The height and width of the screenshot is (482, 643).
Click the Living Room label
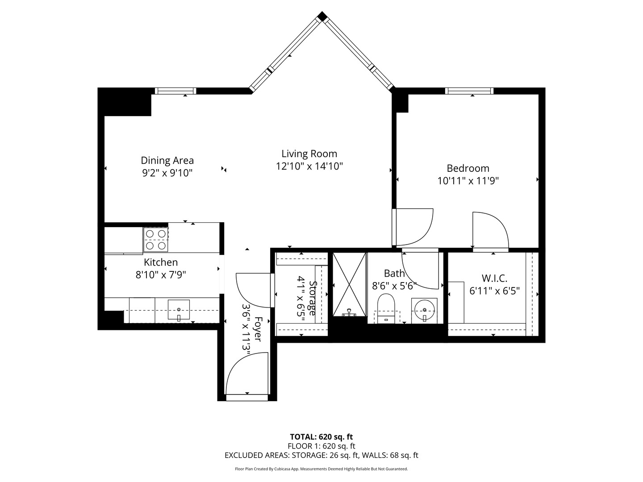[x=309, y=154]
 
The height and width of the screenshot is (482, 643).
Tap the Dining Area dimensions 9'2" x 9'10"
[x=167, y=173]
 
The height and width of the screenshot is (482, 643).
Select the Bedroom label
[x=468, y=168]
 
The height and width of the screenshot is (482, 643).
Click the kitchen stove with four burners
[x=156, y=240]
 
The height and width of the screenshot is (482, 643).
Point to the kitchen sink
[x=179, y=310]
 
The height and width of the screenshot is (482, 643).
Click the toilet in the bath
[x=386, y=308]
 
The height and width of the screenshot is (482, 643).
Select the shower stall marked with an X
[x=350, y=284]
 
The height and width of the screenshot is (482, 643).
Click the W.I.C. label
[x=494, y=278]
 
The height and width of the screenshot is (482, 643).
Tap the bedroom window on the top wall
[x=469, y=91]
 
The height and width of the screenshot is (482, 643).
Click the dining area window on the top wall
[x=175, y=91]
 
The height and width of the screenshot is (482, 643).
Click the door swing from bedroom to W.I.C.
[x=490, y=230]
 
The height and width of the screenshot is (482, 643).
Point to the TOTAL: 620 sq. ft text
[x=321, y=437]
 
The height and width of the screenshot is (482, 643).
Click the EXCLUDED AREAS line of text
[x=321, y=456]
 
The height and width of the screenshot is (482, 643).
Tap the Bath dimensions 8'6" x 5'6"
[x=394, y=286]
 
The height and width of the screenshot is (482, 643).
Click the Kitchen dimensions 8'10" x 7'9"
[x=161, y=274]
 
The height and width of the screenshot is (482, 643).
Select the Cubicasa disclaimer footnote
[x=321, y=469]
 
